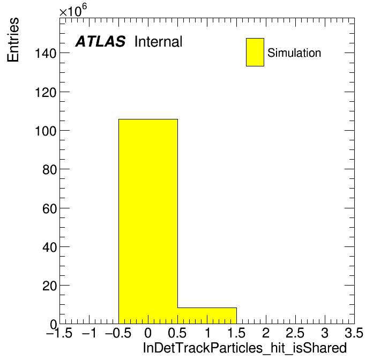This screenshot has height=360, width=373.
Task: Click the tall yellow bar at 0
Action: [x=148, y=221]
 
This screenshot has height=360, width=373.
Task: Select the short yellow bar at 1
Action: [x=207, y=316]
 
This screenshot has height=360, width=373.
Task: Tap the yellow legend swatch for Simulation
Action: [x=255, y=52]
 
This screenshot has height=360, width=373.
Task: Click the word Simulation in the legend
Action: [x=294, y=53]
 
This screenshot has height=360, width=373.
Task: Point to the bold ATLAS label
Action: [x=100, y=41]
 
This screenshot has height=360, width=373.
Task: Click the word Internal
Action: [x=159, y=41]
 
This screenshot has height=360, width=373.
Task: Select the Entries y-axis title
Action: [x=13, y=40]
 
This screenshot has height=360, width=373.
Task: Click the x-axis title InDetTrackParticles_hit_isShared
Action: [x=245, y=348]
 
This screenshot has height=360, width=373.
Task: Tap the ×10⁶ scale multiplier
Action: [x=73, y=10]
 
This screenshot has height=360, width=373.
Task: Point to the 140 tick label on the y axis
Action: [x=46, y=53]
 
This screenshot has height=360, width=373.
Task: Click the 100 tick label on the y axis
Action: [x=46, y=131]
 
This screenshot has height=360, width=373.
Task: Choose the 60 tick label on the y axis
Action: [x=49, y=208]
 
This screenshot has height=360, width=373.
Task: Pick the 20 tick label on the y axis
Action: [x=49, y=286]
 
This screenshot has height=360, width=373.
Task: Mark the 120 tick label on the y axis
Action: [x=46, y=92]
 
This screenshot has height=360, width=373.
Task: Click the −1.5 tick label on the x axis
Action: [x=59, y=333]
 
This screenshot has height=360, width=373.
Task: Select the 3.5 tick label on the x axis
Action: [x=354, y=333]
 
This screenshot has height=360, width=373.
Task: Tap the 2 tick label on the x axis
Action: [x=266, y=333]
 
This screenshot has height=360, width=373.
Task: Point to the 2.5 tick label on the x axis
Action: [x=295, y=333]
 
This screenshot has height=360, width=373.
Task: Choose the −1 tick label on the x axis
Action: [x=89, y=333]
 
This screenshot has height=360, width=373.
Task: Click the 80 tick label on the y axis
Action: [x=49, y=170]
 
